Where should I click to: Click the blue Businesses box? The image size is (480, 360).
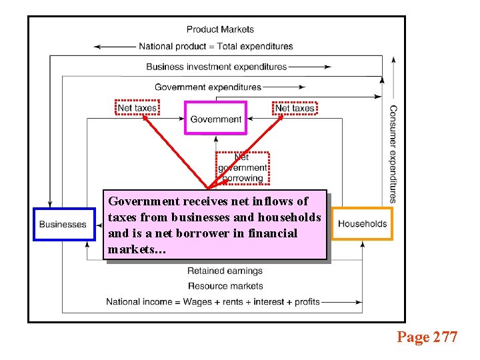pyautogui.click(x=62, y=224)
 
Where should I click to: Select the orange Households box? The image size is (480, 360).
pyautogui.click(x=362, y=223)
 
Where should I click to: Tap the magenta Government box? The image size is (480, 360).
pyautogui.click(x=215, y=119)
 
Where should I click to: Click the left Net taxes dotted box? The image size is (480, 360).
pyautogui.click(x=137, y=107)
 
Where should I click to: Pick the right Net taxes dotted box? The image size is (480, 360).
pyautogui.click(x=295, y=107)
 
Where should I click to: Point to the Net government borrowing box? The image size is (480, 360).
pyautogui.click(x=242, y=168)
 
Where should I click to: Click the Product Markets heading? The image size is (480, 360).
pyautogui.click(x=220, y=29)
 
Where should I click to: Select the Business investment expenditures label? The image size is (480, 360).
pyautogui.click(x=216, y=67)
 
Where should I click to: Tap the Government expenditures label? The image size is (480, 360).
pyautogui.click(x=208, y=87)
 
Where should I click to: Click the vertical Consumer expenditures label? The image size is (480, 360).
pyautogui.click(x=393, y=153)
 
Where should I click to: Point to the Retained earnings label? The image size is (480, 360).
pyautogui.click(x=225, y=271)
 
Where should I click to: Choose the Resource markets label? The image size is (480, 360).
pyautogui.click(x=225, y=286)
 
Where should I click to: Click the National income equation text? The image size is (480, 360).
pyautogui.click(x=213, y=302)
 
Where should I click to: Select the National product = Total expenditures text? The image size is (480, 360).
pyautogui.click(x=215, y=47)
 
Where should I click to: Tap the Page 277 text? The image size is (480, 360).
pyautogui.click(x=427, y=337)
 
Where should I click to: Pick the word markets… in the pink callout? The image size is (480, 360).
pyautogui.click(x=137, y=250)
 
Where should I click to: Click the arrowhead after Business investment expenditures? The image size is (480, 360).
pyautogui.click(x=327, y=67)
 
